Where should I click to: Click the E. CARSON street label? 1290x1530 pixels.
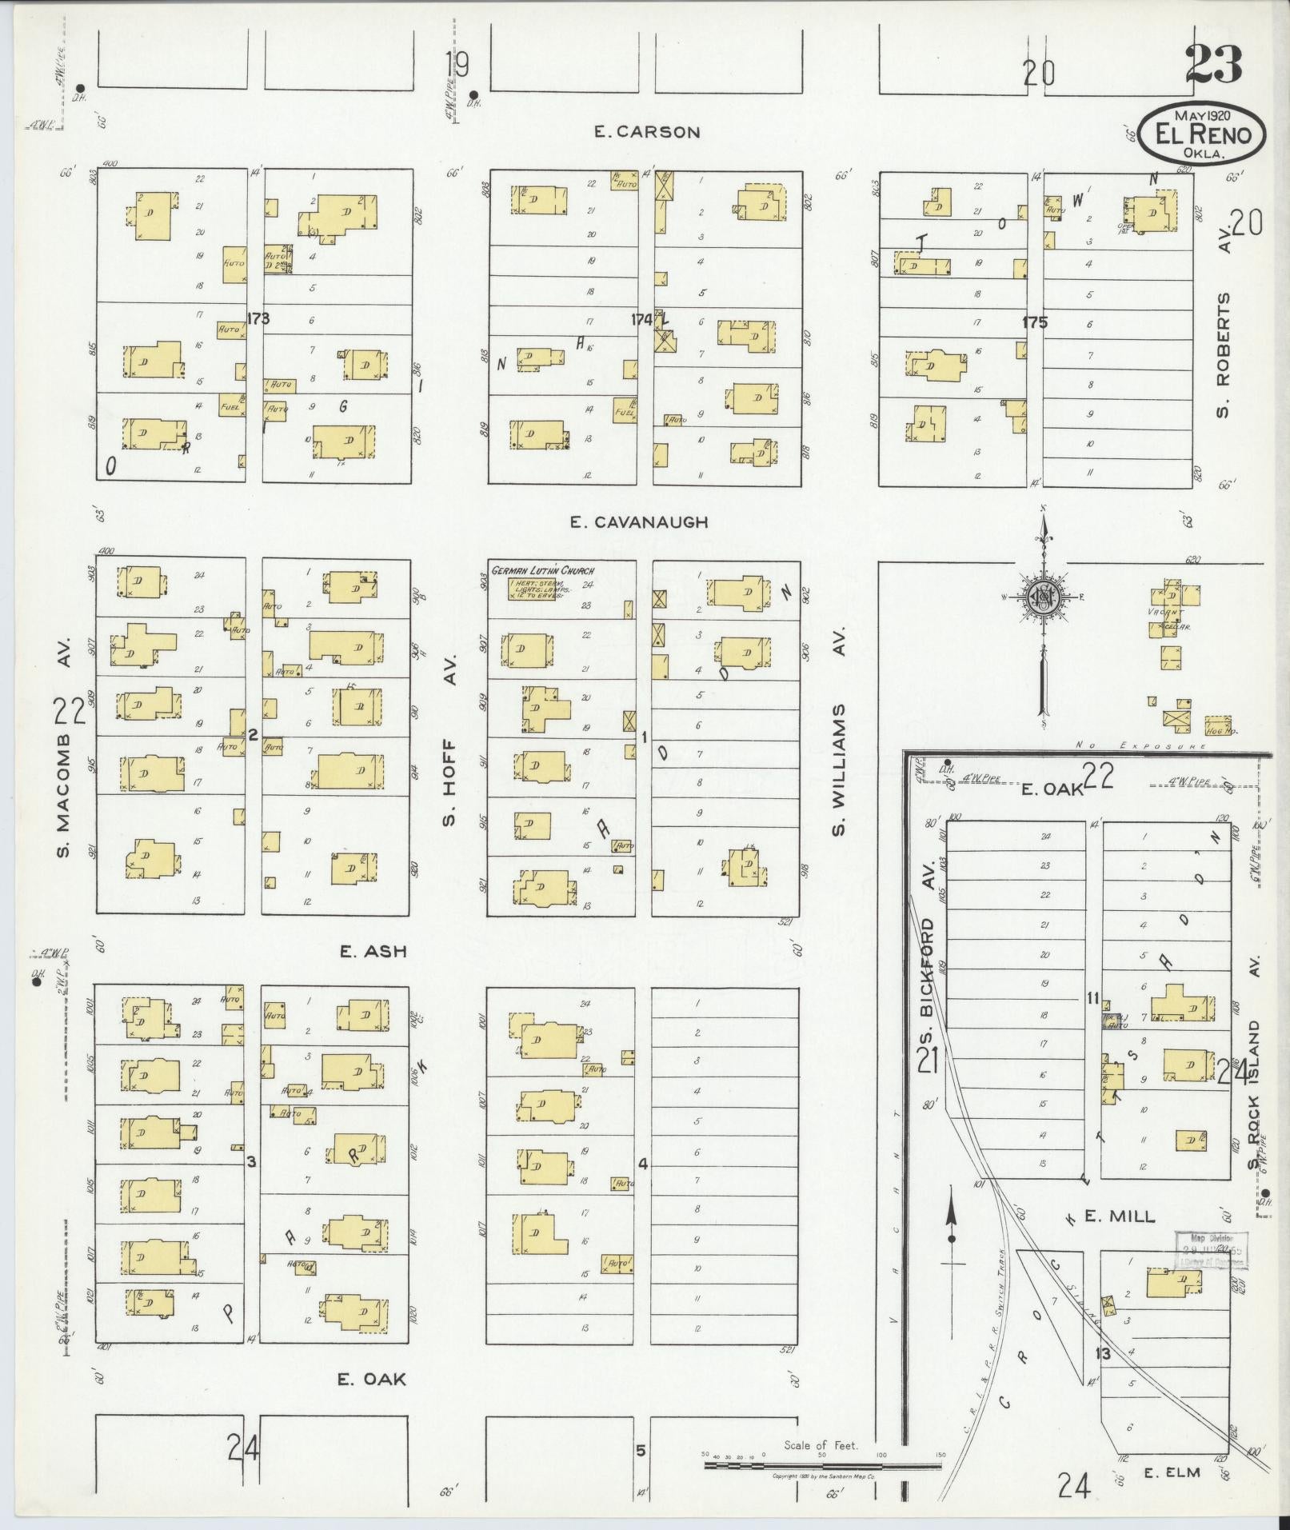647,132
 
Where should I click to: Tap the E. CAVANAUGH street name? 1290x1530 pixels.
638,522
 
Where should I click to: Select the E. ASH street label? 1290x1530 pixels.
373,951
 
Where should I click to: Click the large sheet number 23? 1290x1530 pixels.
1213,65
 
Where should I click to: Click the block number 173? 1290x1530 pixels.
258,318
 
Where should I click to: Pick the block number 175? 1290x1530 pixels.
1034,322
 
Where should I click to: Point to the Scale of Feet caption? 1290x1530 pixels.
821,1445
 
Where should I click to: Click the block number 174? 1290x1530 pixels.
641,319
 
